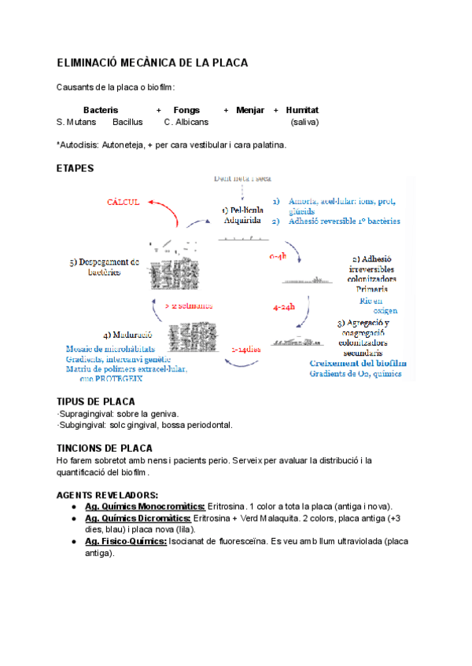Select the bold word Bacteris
[x=101, y=110]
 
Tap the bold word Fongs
[x=186, y=110]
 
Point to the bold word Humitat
[x=303, y=110]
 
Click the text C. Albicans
[x=186, y=123]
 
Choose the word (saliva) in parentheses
[x=304, y=123]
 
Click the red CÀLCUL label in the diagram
[x=123, y=202]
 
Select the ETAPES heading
[x=76, y=168]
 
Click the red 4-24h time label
[x=284, y=308]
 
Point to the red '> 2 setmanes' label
[x=189, y=305]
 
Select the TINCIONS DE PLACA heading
[x=105, y=448]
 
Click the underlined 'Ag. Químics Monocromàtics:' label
[x=145, y=507]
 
